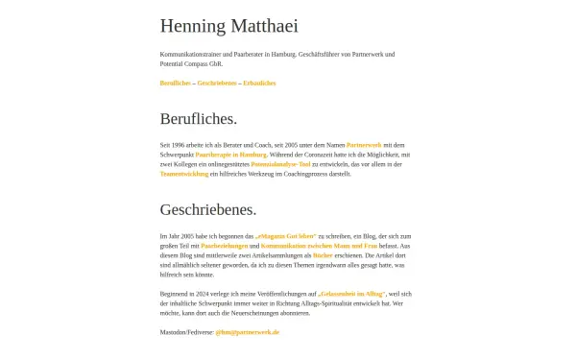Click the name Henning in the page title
pyautogui.click(x=192, y=26)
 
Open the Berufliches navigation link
pyautogui.click(x=176, y=84)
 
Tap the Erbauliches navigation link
pyautogui.click(x=259, y=84)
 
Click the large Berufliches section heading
pyautogui.click(x=198, y=119)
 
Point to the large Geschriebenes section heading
pyautogui.click(x=207, y=209)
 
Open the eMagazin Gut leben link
pyautogui.click(x=286, y=236)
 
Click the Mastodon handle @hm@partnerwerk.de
pyautogui.click(x=247, y=331)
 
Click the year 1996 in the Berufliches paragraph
pyautogui.click(x=180, y=144)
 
